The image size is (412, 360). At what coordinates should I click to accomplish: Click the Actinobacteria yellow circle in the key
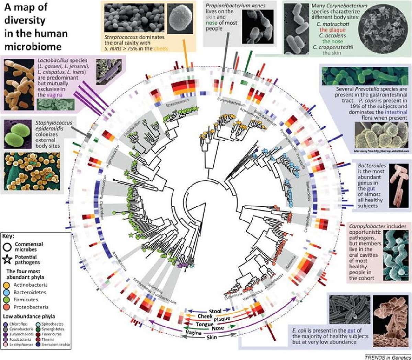[x=7, y=285]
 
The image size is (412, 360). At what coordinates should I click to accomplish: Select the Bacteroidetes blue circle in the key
[x=7, y=292]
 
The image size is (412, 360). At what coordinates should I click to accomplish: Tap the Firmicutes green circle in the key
[x=7, y=300]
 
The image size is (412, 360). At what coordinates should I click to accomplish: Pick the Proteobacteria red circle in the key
[x=7, y=307]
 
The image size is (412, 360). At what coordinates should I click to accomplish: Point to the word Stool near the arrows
[x=215, y=311]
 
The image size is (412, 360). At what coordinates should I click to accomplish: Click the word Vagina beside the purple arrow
[x=194, y=333]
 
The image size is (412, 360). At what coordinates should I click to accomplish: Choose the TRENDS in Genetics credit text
[x=387, y=357]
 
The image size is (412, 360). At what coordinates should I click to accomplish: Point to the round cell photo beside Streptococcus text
[x=182, y=17]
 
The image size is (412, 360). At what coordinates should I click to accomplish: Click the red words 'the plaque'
[x=332, y=30]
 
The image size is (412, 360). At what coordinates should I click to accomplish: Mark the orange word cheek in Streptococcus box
[x=161, y=48]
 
